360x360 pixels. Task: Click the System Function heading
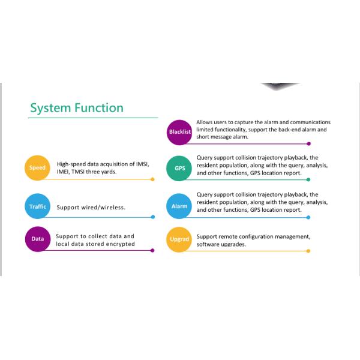click(x=77, y=108)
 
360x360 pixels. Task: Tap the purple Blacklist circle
click(x=179, y=133)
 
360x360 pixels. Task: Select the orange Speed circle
click(x=37, y=168)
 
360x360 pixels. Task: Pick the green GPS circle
click(x=179, y=168)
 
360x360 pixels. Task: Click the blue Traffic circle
click(x=37, y=206)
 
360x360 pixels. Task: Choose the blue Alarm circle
click(x=179, y=206)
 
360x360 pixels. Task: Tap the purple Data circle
click(x=38, y=239)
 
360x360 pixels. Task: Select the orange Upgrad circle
click(x=179, y=239)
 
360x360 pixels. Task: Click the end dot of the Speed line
click(x=152, y=179)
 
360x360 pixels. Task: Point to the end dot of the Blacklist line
click(x=309, y=144)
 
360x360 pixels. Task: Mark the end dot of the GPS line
click(x=308, y=179)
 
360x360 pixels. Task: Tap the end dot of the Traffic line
click(x=153, y=217)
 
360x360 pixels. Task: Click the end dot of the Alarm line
click(x=308, y=217)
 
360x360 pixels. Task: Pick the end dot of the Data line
click(x=152, y=250)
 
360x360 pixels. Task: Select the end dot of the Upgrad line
click(x=308, y=251)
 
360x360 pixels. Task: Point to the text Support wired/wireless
click(x=91, y=208)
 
